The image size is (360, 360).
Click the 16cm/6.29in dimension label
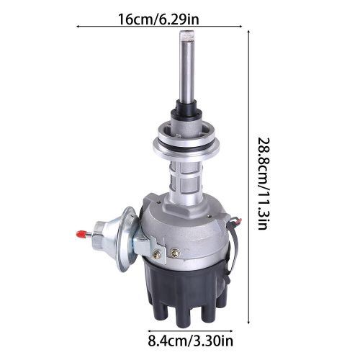coord(158,19)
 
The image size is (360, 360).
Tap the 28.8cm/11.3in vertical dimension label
coord(264,184)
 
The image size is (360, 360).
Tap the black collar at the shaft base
coord(186,109)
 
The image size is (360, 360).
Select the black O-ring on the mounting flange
coord(186,146)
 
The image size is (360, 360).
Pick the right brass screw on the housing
coord(174,252)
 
